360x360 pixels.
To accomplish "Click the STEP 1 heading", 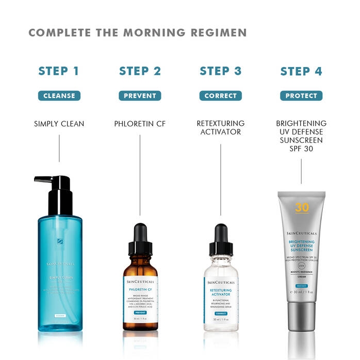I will tap(59, 71).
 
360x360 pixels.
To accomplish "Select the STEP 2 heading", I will tap(140, 71).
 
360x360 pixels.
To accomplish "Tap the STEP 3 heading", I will tap(220, 71).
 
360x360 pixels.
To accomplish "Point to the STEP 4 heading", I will tap(301, 71).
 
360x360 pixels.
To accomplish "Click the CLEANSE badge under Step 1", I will tap(59, 95).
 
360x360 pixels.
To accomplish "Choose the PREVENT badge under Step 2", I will tap(140, 95).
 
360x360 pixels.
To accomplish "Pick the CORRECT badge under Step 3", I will tap(220, 95).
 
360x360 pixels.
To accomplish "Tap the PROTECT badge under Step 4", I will tap(301, 95).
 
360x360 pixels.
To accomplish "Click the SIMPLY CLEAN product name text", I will tap(59, 124).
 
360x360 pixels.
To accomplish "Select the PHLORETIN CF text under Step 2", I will tap(140, 124).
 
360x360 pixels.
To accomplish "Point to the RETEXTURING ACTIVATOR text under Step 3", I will tap(220, 128).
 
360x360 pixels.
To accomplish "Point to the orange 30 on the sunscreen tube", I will tap(302, 208).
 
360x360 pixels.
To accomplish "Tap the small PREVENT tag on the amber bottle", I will tap(140, 313).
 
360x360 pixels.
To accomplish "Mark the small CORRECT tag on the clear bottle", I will tap(221, 313).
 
